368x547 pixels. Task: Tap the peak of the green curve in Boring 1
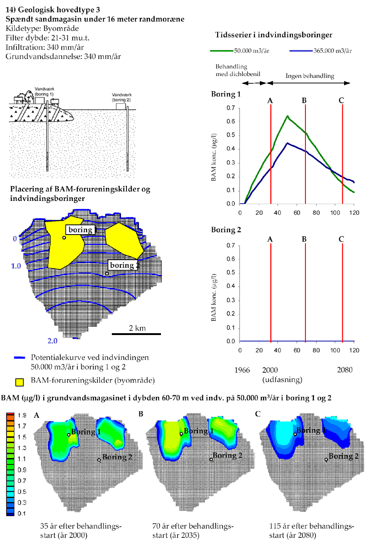pos(287,116)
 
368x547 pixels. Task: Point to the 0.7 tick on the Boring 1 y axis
pos(231,108)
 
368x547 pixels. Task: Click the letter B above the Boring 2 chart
pos(304,239)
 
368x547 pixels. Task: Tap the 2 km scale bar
pos(136,333)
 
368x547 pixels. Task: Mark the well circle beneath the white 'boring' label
pos(64,238)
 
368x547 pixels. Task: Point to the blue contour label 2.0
pos(52,341)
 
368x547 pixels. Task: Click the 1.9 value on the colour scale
pos(21,415)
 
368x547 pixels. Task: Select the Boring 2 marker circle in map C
pos(326,459)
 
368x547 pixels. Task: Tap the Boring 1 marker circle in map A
pos(69,435)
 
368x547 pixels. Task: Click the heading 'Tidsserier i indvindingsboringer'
pos(274,35)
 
